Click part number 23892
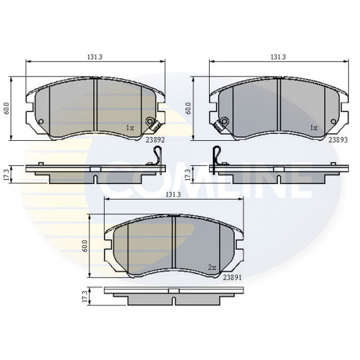(x=155, y=140)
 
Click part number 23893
(x=338, y=140)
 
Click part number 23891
(x=232, y=278)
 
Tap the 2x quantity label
(x=212, y=268)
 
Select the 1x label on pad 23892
(x=130, y=128)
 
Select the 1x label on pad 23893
(x=314, y=128)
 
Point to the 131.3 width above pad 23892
(x=95, y=57)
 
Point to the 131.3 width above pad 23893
(x=279, y=57)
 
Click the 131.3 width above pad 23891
(x=173, y=195)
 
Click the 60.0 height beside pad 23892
(x=6, y=108)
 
